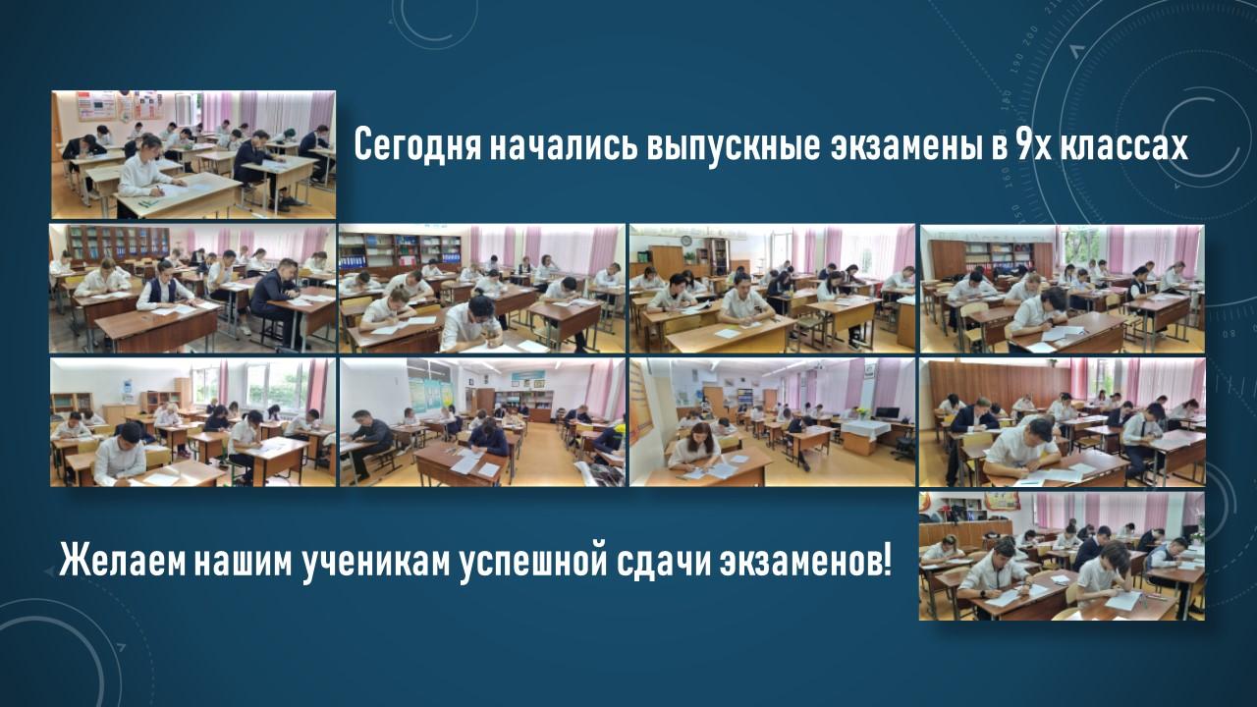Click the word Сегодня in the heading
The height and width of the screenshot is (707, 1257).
pyautogui.click(x=417, y=145)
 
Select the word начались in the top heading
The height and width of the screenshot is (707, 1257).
pyautogui.click(x=564, y=145)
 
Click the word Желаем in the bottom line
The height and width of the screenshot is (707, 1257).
pyautogui.click(x=123, y=560)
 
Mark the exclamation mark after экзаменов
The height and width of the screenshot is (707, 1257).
pyautogui.click(x=887, y=560)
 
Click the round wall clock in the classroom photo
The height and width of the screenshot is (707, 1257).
pyautogui.click(x=686, y=241)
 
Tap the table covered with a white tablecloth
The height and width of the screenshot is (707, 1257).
pyautogui.click(x=864, y=436)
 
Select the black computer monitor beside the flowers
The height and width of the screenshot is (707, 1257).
pyautogui.click(x=888, y=413)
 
